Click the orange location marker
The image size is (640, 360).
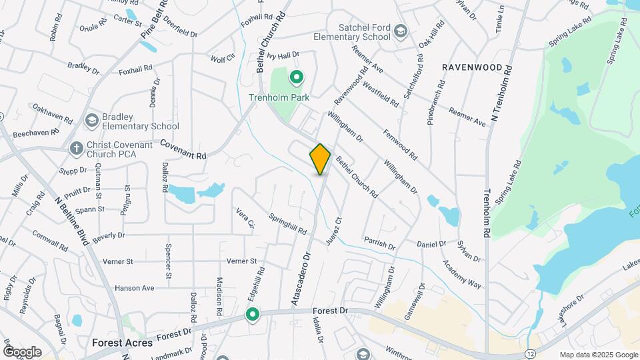coord(321,159)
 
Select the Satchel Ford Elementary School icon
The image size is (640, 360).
coord(400,31)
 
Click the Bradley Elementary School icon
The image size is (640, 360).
coord(92,120)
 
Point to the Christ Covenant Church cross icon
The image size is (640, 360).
coord(77,147)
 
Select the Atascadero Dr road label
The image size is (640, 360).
coord(301,279)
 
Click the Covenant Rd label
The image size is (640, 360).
coord(183,149)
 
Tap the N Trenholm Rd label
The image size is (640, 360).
coord(500,94)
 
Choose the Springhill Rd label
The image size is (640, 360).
coord(288,223)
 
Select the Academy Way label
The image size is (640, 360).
coord(465,274)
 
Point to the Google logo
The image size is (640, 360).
coord(22,351)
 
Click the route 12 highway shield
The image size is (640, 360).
coord(529,351)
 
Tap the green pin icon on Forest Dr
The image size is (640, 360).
coord(253,314)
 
